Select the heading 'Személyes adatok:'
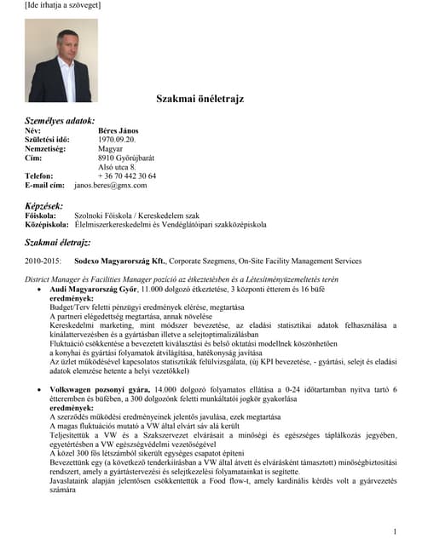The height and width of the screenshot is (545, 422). click(x=60, y=121)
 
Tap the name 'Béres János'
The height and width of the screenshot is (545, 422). click(x=118, y=131)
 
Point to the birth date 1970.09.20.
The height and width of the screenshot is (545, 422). click(x=117, y=140)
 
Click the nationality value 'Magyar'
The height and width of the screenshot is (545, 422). click(x=111, y=149)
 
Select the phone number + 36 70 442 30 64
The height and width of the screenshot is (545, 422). click(x=127, y=176)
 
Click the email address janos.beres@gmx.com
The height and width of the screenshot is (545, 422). click(x=111, y=186)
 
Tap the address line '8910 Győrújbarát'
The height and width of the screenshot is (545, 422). click(x=128, y=158)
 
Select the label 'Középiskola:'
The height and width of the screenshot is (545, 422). click(x=47, y=226)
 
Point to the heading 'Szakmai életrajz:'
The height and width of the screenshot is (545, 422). click(x=58, y=243)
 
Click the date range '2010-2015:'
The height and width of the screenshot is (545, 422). click(x=43, y=261)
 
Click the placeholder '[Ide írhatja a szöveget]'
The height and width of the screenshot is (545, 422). click(x=62, y=6)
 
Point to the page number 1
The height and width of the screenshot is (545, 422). click(x=395, y=531)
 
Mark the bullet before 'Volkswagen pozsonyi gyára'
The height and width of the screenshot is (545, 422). click(x=41, y=389)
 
